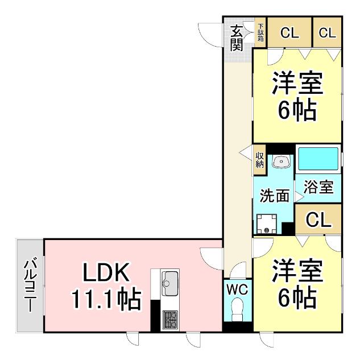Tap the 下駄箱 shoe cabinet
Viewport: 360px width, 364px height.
click(x=260, y=34)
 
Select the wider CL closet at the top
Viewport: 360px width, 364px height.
click(x=289, y=33)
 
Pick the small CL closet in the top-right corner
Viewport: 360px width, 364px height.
click(x=327, y=33)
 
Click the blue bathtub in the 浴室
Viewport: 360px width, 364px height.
click(x=318, y=159)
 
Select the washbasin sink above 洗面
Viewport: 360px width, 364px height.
click(x=280, y=162)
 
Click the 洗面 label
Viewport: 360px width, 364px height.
click(x=274, y=197)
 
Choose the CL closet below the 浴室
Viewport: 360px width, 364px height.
click(x=318, y=220)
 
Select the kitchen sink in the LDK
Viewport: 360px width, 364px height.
click(x=170, y=280)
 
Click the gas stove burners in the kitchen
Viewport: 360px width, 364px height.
click(x=170, y=320)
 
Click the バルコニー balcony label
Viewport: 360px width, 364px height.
click(x=29, y=285)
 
